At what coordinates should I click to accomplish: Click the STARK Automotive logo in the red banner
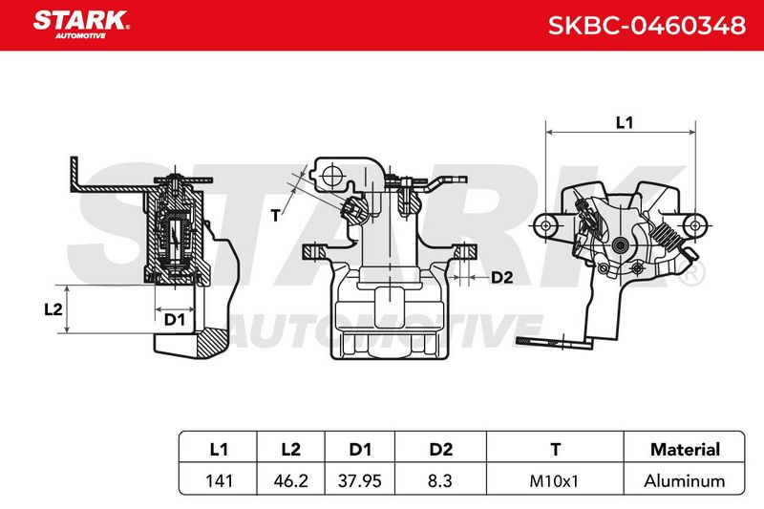pos(81,25)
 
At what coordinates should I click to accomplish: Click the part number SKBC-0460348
pos(647,26)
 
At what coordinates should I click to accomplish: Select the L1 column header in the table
pos(219,449)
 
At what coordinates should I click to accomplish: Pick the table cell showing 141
pos(219,481)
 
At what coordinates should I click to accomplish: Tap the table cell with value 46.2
pos(291,481)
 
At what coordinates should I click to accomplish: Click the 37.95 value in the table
pos(360,481)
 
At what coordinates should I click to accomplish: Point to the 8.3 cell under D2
pos(440,481)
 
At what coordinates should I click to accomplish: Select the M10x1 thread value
pos(554,481)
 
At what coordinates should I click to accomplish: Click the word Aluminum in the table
pos(685,481)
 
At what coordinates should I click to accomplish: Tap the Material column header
pos(685,449)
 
